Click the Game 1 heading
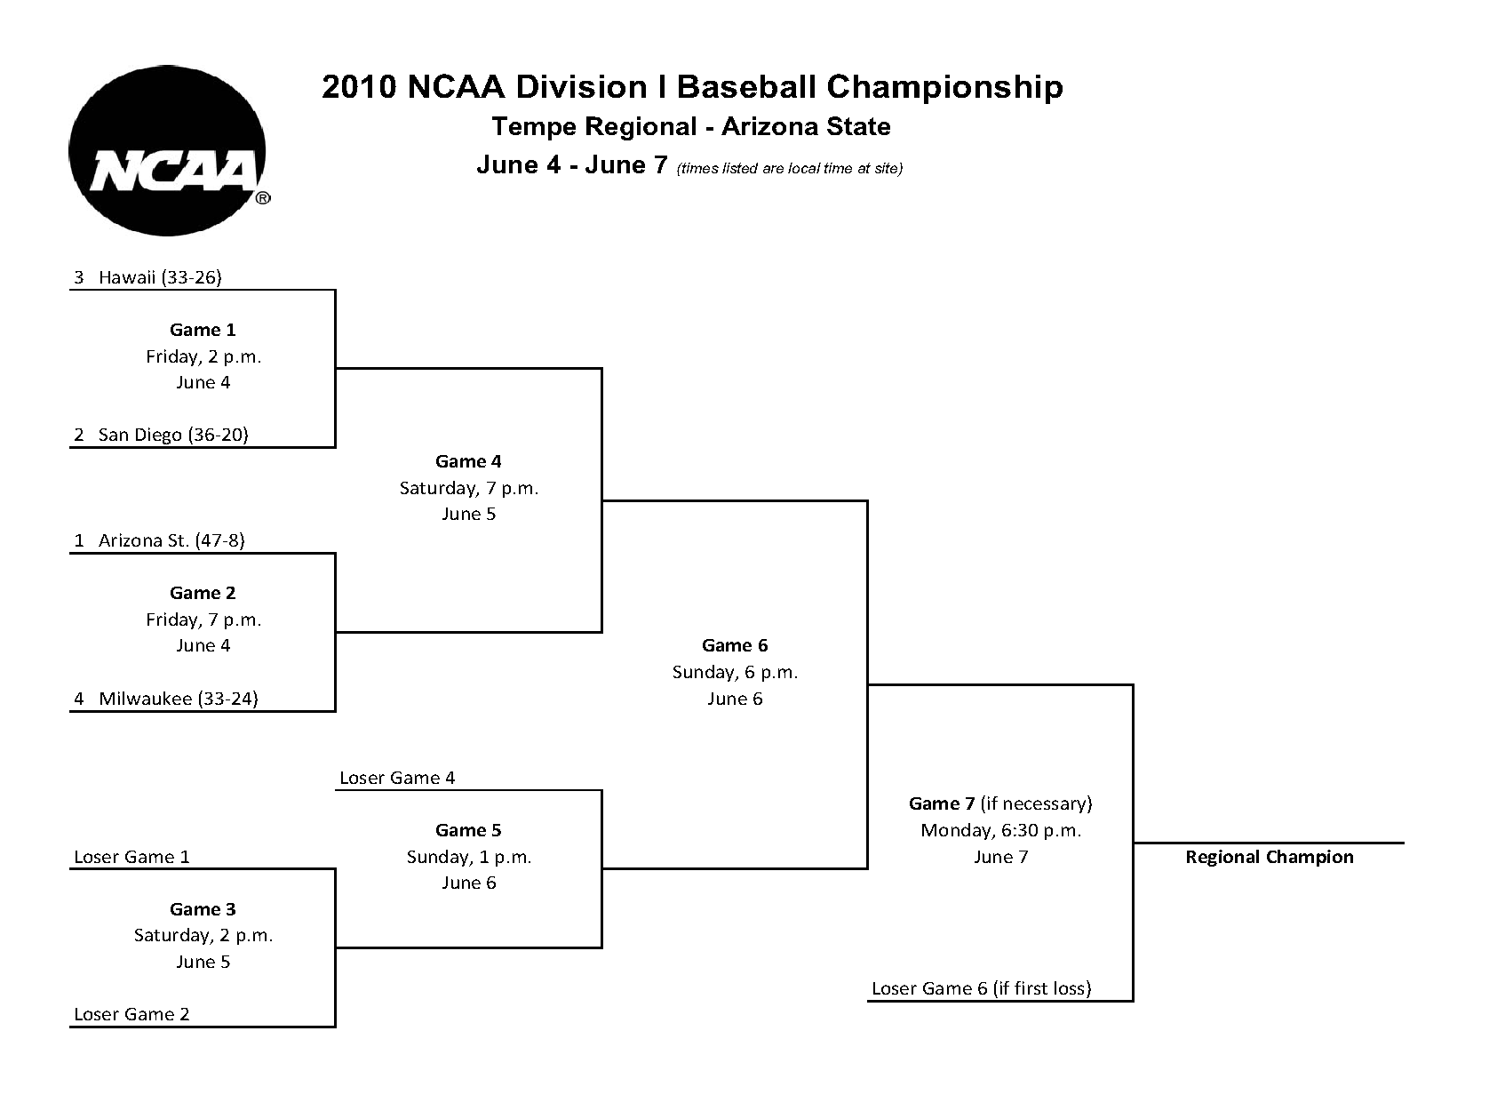pos(203,330)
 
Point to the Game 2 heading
pos(203,593)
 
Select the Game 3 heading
pos(203,909)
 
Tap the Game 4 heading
pos(468,461)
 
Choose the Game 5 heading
pos(468,830)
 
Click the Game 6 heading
pos(735,645)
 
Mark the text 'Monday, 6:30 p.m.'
pos(1000,830)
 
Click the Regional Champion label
pos(1270,857)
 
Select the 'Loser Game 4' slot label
pos(397,778)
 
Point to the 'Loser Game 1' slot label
pos(131,857)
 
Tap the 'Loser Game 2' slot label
pos(131,1014)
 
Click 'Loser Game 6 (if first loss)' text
pos(981,988)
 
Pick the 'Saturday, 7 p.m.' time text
pos(468,488)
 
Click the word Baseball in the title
pos(749,87)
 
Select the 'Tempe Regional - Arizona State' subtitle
pos(691,127)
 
